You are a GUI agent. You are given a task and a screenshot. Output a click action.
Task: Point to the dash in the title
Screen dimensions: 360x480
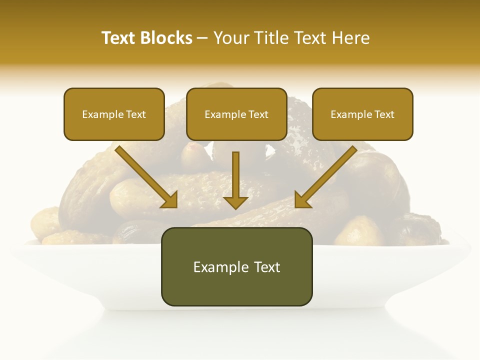[x=202, y=38]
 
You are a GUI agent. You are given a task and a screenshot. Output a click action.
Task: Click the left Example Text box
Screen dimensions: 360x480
[x=114, y=114]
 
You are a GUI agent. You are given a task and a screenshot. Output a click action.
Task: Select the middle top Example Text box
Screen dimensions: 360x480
[x=236, y=114]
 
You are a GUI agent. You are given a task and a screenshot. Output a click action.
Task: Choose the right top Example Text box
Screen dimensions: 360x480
[x=362, y=114]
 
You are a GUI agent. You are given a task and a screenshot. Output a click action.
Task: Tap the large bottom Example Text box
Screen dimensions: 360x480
[x=236, y=267]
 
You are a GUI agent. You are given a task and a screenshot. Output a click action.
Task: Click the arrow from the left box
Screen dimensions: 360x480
[x=145, y=176]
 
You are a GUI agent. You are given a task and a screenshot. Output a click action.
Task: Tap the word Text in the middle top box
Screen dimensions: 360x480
[x=258, y=114]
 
